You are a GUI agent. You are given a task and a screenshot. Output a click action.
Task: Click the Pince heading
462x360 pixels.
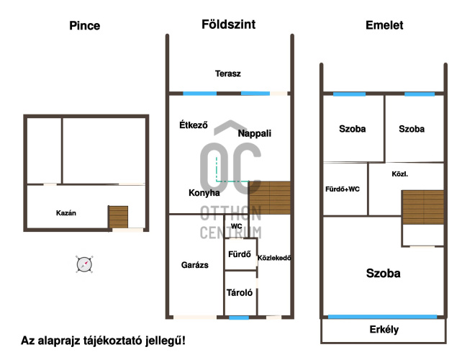pos(85,26)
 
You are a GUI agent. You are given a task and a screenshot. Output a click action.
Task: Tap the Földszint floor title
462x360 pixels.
pos(228,24)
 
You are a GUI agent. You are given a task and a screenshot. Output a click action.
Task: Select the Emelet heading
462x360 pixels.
pos(384,25)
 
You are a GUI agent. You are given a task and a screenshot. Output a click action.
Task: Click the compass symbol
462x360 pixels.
pos(84,264)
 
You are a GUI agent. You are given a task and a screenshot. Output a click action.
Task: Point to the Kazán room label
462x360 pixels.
pos(66,213)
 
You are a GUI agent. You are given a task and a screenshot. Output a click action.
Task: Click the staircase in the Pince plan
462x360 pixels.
pos(118,217)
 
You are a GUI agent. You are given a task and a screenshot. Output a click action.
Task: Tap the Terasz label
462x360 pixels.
pos(227,73)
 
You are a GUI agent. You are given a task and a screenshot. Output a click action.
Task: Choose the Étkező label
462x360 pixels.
pos(194,125)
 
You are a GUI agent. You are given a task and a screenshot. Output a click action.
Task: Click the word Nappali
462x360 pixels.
pos(254,133)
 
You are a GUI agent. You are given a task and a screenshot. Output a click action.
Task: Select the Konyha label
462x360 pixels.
pos(204,193)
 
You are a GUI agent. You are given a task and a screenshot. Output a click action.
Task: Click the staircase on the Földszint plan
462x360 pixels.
pos(270,197)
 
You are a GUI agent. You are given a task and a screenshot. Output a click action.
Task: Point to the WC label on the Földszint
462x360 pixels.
pos(236,226)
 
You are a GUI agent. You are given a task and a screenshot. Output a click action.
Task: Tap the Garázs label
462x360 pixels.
pos(195,265)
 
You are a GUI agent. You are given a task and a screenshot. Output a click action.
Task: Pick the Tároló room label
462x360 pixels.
pos(240,293)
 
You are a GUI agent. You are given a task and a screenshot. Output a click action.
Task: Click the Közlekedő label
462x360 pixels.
pos(274,258)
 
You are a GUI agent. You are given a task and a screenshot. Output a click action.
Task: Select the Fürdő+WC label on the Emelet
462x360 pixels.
pos(343,189)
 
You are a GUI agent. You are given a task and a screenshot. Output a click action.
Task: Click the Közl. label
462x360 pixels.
pos(400,174)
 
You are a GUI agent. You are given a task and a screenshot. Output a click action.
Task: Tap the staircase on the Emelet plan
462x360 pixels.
pos(423,207)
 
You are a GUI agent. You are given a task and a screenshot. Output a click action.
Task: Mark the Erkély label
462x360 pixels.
pos(384,329)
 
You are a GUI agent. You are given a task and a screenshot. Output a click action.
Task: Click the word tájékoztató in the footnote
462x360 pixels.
pos(113,341)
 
